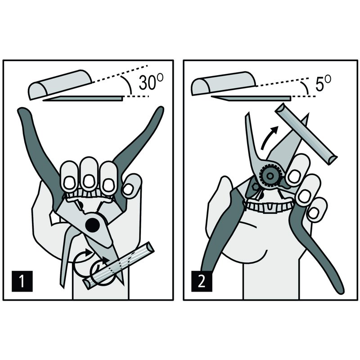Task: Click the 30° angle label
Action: [151, 82]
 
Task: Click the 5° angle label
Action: [323, 84]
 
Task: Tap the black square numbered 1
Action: [22, 281]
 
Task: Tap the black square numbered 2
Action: [202, 281]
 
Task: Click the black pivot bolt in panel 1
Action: [92, 225]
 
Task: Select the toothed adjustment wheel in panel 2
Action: [270, 176]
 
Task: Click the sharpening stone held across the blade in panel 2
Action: [306, 134]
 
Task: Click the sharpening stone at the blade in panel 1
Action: [118, 266]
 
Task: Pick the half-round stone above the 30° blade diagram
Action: [60, 85]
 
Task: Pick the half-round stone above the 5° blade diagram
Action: [223, 83]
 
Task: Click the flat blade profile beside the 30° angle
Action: [84, 99]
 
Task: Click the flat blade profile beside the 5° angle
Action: [251, 98]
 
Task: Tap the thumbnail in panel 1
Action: [128, 189]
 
